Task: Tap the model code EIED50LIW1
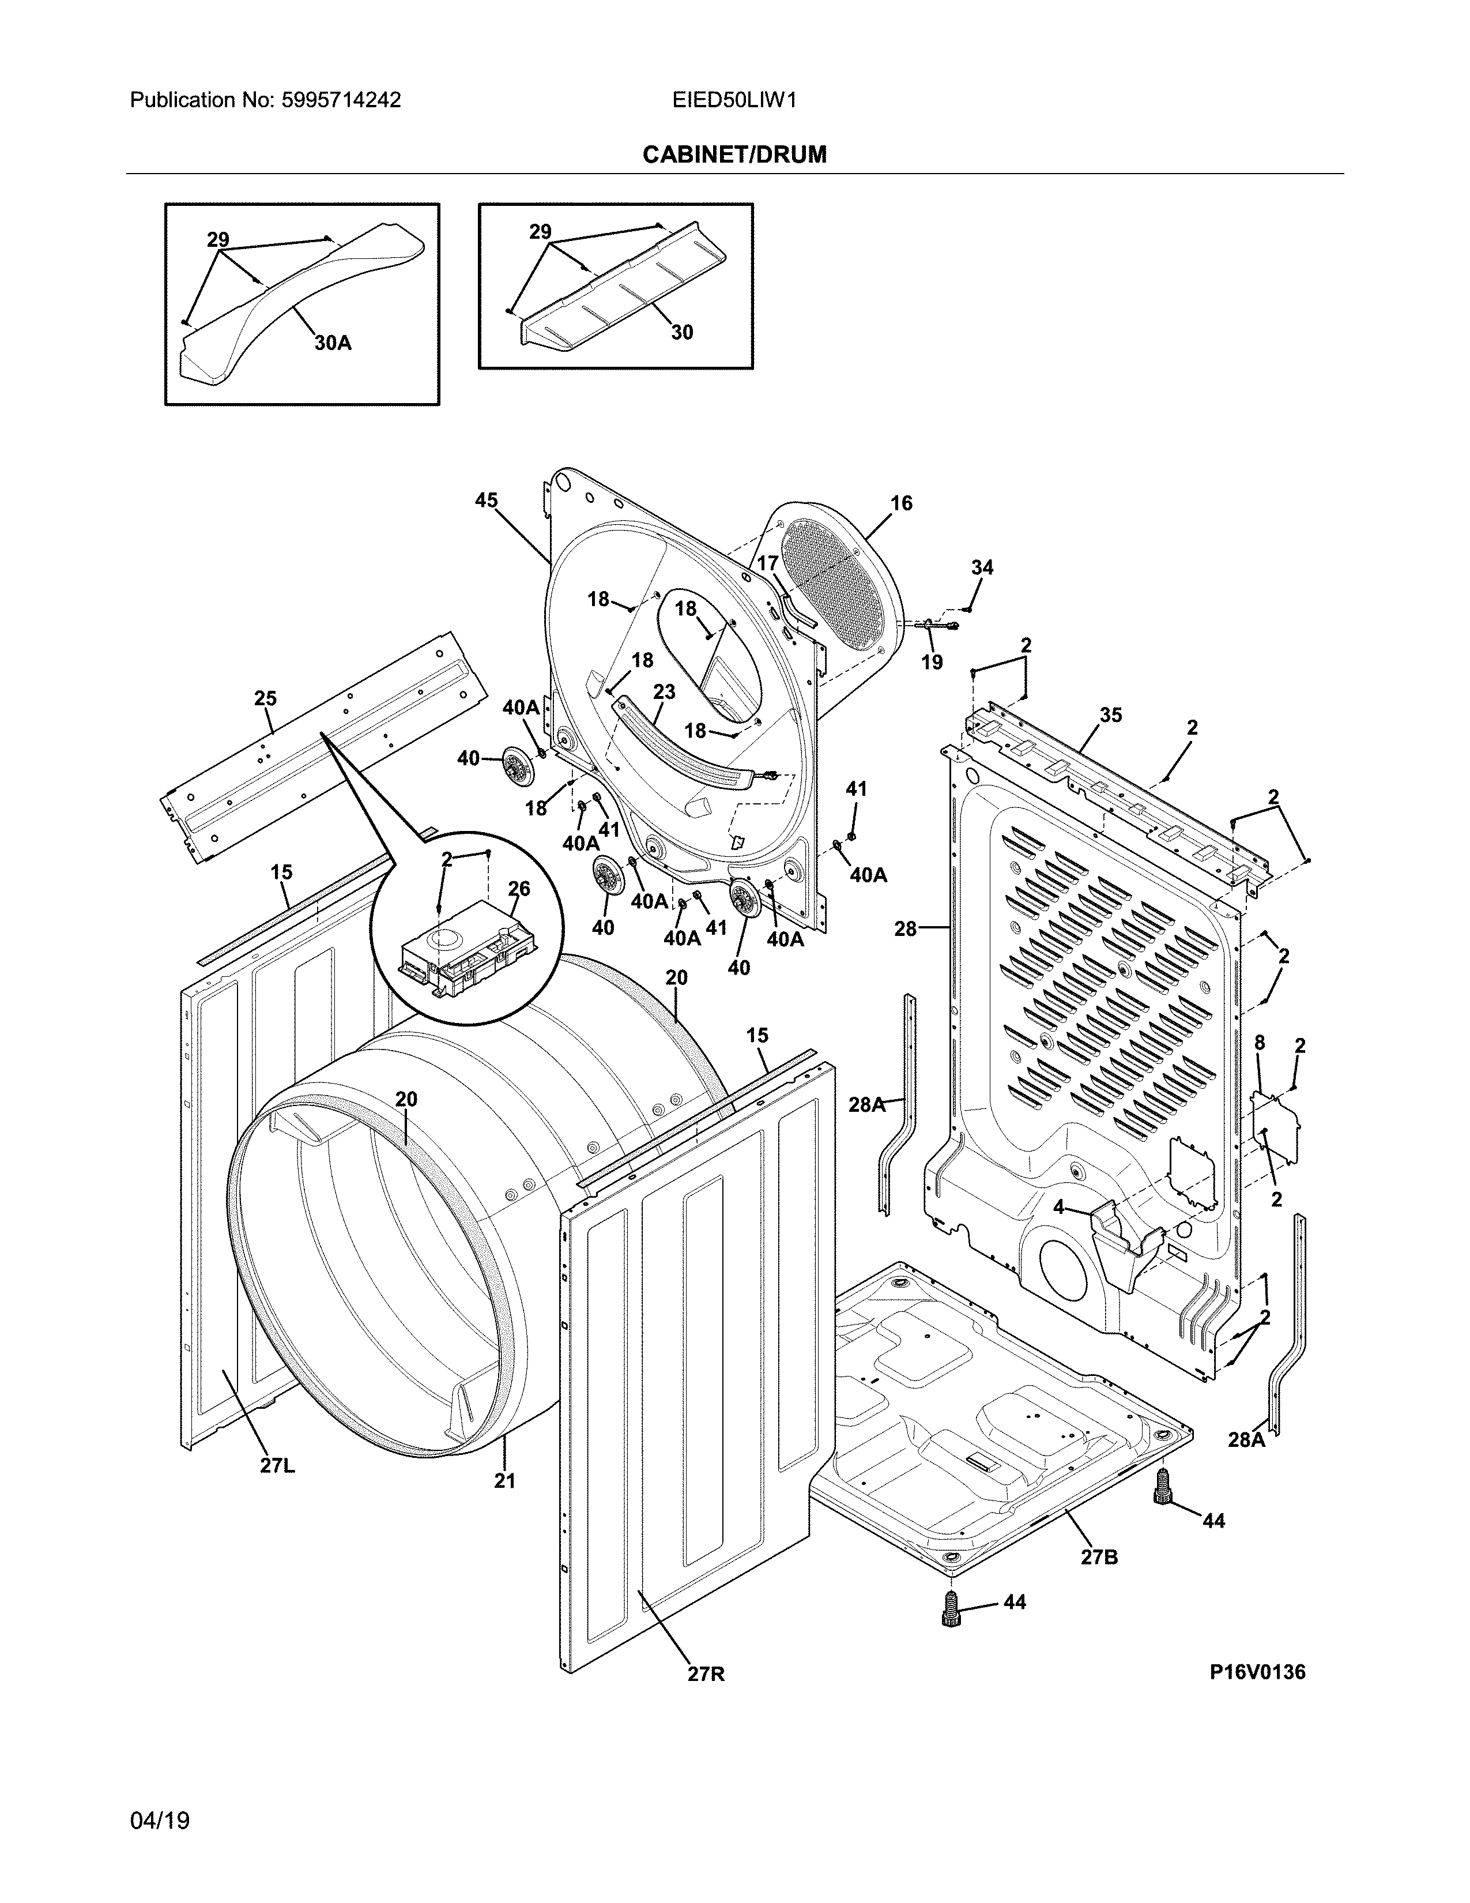coord(734,100)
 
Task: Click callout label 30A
coord(333,343)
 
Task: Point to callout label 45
coord(486,500)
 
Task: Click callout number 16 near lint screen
coord(902,503)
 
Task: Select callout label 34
coord(982,567)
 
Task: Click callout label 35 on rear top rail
coord(1110,716)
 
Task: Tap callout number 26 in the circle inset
coord(519,889)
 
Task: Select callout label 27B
coord(1099,1556)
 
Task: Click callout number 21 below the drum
coord(505,1480)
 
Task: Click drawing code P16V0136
coord(1257,1671)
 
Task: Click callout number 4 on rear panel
coord(1058,1208)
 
